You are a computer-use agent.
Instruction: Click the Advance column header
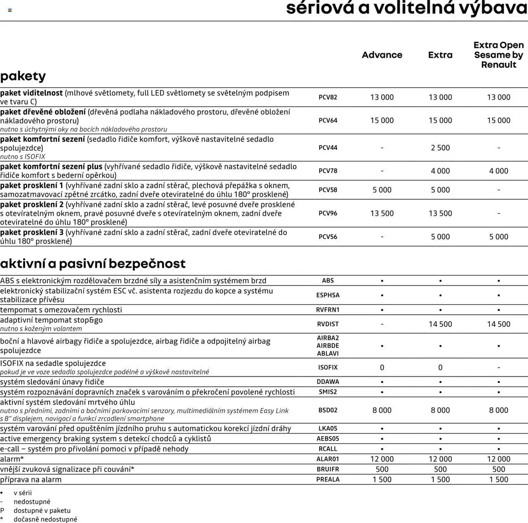(382, 55)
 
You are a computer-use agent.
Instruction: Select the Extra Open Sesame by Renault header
(498, 55)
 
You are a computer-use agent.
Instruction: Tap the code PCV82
(328, 97)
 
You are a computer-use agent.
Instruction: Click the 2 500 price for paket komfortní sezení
(440, 148)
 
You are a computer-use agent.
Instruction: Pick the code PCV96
(328, 213)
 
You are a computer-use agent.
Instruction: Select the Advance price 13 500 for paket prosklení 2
(382, 213)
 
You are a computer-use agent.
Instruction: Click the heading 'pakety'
(23, 76)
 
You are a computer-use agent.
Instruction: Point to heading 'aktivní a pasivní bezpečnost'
(93, 263)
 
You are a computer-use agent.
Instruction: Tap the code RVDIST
(328, 324)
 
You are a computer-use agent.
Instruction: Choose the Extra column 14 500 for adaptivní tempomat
(440, 324)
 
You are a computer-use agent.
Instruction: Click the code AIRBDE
(328, 345)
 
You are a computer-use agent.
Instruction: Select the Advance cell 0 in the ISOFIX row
(382, 367)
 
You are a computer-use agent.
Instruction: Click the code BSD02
(328, 410)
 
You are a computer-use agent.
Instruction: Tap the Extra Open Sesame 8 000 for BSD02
(498, 410)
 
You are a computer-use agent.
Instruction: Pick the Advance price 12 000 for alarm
(382, 459)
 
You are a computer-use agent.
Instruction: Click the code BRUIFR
(328, 469)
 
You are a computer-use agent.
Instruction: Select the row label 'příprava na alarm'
(31, 480)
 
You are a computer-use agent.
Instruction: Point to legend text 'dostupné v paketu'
(42, 511)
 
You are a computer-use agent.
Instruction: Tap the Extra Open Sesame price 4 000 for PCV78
(498, 171)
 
